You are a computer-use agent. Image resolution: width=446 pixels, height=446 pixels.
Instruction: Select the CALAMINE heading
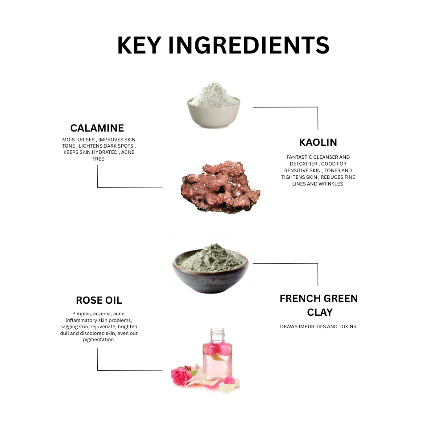point(97,128)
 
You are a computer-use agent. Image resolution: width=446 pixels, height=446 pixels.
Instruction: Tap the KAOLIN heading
point(318,142)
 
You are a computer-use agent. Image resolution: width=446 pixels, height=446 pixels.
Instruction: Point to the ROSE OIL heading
point(99,300)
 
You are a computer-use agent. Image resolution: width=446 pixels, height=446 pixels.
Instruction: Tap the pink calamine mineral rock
point(220,187)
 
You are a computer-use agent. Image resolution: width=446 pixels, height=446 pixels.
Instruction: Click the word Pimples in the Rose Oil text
point(81,314)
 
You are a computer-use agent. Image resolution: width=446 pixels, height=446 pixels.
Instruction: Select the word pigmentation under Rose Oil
point(99,339)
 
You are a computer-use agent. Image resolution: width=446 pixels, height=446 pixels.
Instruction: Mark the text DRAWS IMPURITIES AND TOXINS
point(318,326)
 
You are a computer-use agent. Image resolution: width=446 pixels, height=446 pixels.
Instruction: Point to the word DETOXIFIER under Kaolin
point(301,164)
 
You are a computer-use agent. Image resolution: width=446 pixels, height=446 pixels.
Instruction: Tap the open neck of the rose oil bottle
point(217,332)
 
